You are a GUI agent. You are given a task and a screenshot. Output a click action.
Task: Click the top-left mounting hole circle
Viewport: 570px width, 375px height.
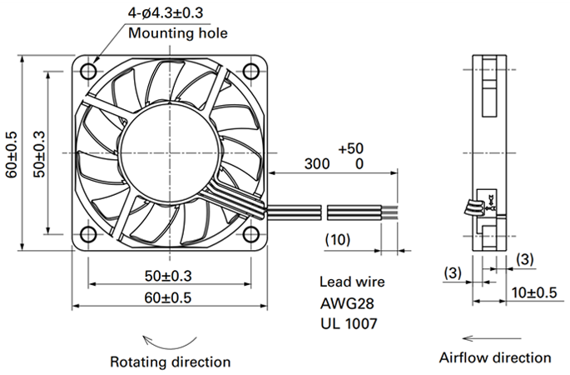click(x=88, y=72)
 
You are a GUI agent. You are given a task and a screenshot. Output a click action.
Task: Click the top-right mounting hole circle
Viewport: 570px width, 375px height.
click(x=250, y=72)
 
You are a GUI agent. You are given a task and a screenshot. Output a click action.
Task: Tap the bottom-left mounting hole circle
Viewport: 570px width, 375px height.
click(x=88, y=234)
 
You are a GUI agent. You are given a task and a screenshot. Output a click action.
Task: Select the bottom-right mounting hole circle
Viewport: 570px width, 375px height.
click(x=250, y=234)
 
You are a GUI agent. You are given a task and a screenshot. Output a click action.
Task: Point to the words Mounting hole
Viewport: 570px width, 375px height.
click(x=178, y=33)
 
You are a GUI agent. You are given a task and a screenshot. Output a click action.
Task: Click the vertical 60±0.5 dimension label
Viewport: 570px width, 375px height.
click(x=12, y=155)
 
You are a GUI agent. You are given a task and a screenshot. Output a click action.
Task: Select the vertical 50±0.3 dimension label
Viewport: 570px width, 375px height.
click(x=39, y=154)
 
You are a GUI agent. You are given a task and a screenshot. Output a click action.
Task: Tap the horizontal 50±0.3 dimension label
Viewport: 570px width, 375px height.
click(x=168, y=276)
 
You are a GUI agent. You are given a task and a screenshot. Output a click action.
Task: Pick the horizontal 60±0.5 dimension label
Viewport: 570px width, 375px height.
click(x=168, y=297)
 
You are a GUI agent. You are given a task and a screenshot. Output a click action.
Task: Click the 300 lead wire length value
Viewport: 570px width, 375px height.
click(x=317, y=164)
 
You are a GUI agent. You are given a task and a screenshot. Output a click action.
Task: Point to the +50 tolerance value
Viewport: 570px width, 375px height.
click(x=351, y=148)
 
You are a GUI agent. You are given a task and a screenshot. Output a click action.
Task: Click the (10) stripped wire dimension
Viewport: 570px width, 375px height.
click(x=338, y=239)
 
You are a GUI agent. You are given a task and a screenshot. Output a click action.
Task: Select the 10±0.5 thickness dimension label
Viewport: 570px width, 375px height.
click(x=534, y=292)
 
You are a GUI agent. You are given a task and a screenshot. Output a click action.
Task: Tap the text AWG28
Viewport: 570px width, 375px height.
click(x=347, y=303)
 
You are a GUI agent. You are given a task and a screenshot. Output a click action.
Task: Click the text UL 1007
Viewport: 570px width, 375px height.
click(x=349, y=323)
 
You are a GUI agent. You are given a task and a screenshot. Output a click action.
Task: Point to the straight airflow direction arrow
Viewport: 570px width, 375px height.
click(x=492, y=338)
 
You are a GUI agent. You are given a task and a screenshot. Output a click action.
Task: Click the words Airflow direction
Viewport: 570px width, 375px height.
click(x=495, y=357)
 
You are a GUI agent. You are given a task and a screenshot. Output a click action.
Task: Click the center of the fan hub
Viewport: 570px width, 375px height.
click(x=170, y=152)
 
